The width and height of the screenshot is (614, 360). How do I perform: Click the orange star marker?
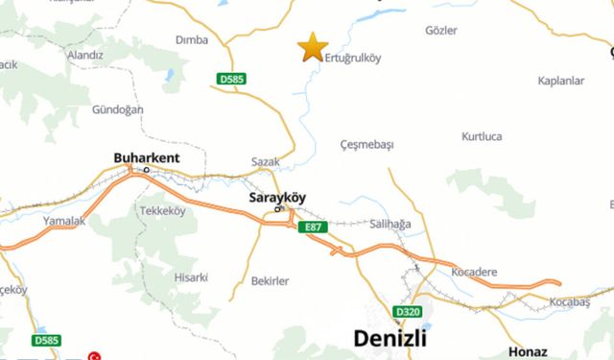(x=312, y=47)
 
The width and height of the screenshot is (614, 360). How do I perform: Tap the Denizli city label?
(x=393, y=338)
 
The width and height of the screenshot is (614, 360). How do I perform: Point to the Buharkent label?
(x=147, y=157)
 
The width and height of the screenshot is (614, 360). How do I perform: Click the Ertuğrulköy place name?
(x=354, y=58)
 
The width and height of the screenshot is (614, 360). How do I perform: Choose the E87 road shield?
(x=312, y=227)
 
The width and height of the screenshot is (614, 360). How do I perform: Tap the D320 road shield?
(x=408, y=312)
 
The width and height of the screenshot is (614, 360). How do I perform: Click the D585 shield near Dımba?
(x=231, y=80)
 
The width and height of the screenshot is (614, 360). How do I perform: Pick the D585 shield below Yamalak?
(x=46, y=340)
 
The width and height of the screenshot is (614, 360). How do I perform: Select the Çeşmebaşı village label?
(x=367, y=144)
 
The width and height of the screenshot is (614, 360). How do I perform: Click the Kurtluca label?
(x=482, y=136)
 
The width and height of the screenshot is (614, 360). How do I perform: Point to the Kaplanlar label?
(x=561, y=81)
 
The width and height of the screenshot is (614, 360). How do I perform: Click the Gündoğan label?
(x=117, y=109)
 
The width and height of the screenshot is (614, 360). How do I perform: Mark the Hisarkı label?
(x=191, y=276)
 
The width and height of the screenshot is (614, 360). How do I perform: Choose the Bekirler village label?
(x=270, y=280)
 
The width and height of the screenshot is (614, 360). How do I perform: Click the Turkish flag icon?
(x=95, y=355)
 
